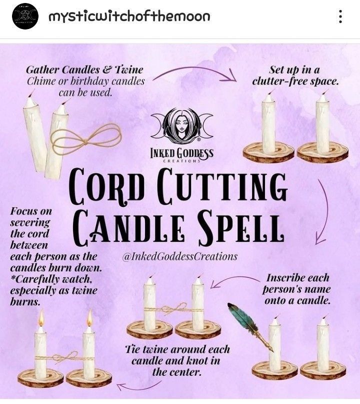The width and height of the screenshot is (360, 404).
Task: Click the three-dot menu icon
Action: [x=340, y=16]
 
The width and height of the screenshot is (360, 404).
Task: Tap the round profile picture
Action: [x=25, y=16]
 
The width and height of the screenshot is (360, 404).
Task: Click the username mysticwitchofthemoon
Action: [x=129, y=16]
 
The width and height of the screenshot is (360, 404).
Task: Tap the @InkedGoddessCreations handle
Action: [x=180, y=256]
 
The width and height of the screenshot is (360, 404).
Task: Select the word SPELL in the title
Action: [x=241, y=226]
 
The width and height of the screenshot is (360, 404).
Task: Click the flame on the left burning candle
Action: [x=41, y=317]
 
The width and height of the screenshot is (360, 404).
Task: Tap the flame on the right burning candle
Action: [x=89, y=318]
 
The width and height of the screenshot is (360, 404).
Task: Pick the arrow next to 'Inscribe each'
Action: [x=233, y=278]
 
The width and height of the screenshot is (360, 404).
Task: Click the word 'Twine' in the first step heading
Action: [x=128, y=70]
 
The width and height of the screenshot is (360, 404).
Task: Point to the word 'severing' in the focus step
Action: [x=30, y=222]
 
